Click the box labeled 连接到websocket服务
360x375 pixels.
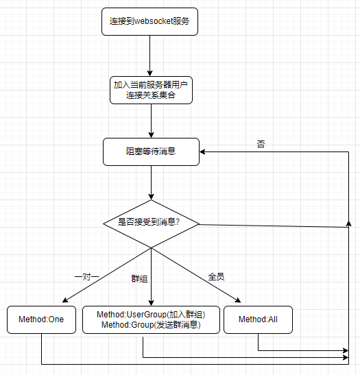(x=149, y=21)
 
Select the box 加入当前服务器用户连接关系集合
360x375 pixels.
(x=151, y=90)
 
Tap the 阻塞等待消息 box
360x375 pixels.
(x=151, y=152)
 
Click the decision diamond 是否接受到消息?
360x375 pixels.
(x=151, y=223)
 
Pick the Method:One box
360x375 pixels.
(x=41, y=319)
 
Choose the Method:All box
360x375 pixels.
(x=258, y=319)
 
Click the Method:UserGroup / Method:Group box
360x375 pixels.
(x=151, y=319)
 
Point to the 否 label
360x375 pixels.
(x=261, y=144)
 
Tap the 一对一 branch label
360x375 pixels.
(x=86, y=277)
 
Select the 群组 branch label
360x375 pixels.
(x=139, y=279)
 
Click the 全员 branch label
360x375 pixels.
(x=216, y=277)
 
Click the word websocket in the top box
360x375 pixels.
(x=154, y=21)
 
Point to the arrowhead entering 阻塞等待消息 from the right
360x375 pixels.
(x=202, y=152)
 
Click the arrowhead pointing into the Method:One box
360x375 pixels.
(x=65, y=300)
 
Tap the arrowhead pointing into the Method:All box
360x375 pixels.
(x=238, y=300)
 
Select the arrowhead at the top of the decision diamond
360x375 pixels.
(x=151, y=197)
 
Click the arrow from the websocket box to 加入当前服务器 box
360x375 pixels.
(x=150, y=56)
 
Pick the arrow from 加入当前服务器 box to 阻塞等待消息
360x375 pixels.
(x=151, y=121)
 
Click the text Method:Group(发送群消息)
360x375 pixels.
(x=151, y=325)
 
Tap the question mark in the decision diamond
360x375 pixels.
(x=178, y=222)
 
